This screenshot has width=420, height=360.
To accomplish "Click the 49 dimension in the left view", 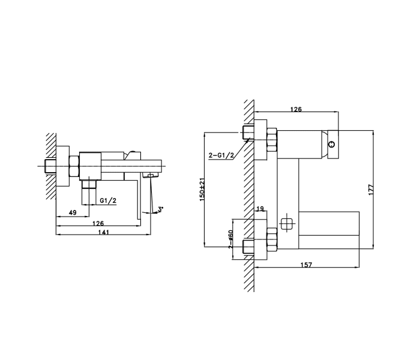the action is coord(73,212).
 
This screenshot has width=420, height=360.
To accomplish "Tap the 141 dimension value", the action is coord(104,232).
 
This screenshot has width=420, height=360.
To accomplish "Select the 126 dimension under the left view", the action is coord(98,223).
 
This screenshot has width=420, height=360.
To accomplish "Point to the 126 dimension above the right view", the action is coord(296,109).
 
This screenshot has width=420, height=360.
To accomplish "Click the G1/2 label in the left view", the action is coord(108,200).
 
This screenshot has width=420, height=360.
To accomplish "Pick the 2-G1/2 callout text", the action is coord(221,155).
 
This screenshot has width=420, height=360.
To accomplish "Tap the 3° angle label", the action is coord(160,209).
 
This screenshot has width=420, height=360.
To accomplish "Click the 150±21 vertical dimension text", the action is coord(202,190).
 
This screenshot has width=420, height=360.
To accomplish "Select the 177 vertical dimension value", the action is coord(371,190).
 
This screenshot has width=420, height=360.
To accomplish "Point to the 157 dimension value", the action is coord(306,265).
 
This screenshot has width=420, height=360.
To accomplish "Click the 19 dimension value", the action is coord(260,208).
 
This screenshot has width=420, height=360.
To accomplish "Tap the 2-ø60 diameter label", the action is coord(230,239).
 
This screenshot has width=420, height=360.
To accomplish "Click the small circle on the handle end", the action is coord(332,145).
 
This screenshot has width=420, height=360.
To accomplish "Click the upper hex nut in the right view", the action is coord(272,140).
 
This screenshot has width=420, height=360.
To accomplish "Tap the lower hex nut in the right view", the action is coord(272,239).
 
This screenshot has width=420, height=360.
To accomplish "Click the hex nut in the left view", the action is coord(74,166).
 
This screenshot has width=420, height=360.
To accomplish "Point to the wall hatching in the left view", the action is coord(51,166).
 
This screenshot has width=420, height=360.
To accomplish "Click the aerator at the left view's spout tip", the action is coord(151,175).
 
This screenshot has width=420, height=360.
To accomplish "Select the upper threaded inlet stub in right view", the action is coord(248,133).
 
